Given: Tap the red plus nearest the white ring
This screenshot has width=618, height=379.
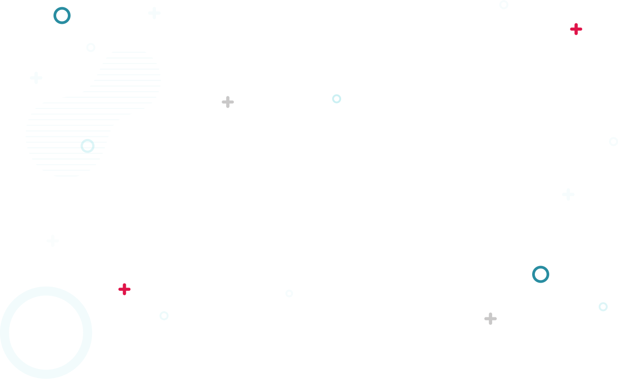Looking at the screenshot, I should click(576, 29).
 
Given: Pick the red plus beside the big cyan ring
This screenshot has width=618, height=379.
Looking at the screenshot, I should click(124, 289).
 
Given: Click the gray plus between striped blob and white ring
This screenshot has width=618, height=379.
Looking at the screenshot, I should click(228, 102).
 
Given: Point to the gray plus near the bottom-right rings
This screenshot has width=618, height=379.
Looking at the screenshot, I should click(490, 319).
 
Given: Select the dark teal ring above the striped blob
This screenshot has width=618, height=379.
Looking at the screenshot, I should click(62, 15).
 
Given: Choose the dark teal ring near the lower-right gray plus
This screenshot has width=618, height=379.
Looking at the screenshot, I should click(541, 274).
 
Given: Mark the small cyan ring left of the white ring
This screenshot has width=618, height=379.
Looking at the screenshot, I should click(337, 99).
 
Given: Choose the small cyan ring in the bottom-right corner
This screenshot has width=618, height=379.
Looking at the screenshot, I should click(603, 307).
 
